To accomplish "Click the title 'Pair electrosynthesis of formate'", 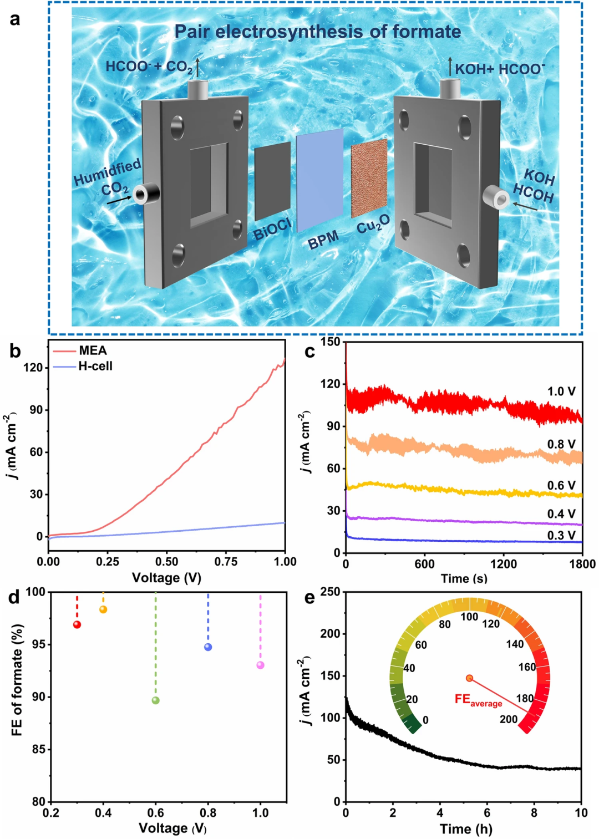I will (x=317, y=32).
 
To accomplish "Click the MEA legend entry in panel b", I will (x=93, y=350).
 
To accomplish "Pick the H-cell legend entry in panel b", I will (x=95, y=366).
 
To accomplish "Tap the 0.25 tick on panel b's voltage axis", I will (x=108, y=561).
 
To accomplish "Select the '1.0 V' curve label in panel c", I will (x=561, y=391).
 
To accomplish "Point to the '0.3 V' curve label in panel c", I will (x=561, y=535).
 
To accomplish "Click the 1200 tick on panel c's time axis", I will (x=504, y=564).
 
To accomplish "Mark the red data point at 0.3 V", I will (x=77, y=625).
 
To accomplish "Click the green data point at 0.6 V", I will (x=156, y=700).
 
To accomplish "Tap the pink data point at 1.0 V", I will (x=261, y=665).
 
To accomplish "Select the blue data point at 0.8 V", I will (x=208, y=647).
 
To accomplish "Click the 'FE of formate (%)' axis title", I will (x=17, y=680).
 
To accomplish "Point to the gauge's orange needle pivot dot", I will (x=470, y=678).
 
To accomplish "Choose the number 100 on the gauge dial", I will (x=469, y=617).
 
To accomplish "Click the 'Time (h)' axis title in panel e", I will (x=466, y=829).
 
